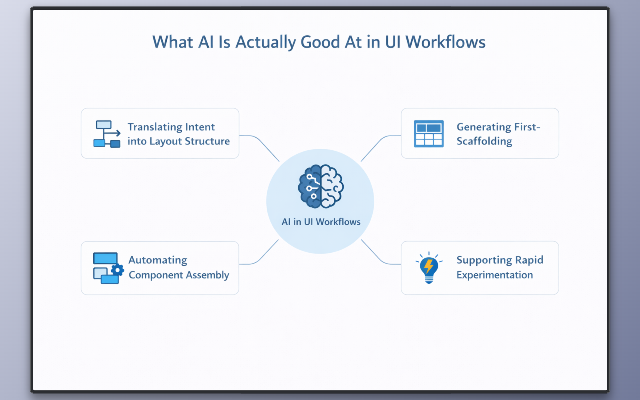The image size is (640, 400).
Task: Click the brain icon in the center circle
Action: click(320, 186)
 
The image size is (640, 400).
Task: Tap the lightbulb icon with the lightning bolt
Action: click(429, 268)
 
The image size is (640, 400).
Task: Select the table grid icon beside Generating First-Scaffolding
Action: click(428, 134)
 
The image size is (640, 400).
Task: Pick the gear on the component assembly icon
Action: click(117, 270)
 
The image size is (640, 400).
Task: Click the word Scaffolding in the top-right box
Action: click(484, 141)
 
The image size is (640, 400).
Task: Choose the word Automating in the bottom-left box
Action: click(158, 260)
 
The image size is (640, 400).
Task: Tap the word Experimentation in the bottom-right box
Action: click(494, 275)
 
